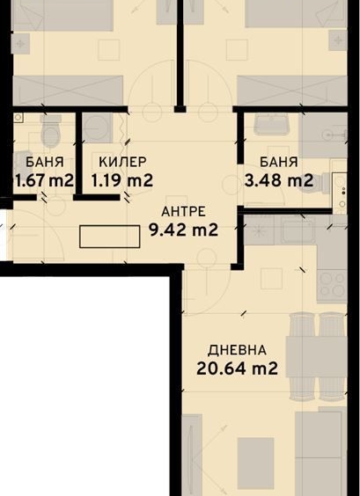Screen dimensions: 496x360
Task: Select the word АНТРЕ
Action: tap(183, 211)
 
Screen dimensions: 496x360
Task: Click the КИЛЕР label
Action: tap(122, 162)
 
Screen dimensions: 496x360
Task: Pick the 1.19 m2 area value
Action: tap(122, 181)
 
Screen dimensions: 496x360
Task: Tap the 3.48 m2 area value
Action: tap(278, 181)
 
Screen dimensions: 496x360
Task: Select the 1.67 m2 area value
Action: tap(43, 181)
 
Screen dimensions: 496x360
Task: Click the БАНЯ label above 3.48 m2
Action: tap(278, 162)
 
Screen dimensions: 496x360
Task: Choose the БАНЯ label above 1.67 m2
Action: tap(43, 162)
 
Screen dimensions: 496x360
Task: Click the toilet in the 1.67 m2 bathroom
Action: tap(50, 132)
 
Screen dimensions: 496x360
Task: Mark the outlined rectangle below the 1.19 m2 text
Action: tap(109, 236)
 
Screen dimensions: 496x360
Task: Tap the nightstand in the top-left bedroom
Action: tap(107, 49)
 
